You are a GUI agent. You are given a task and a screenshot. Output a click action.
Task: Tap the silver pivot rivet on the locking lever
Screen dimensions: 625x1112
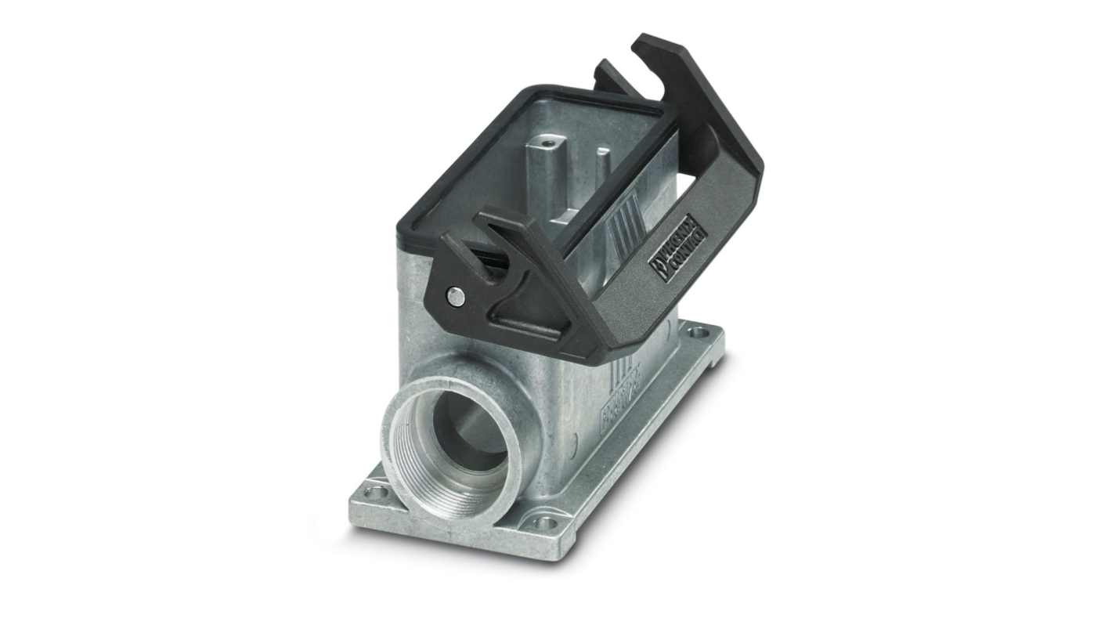pyautogui.click(x=453, y=295)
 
